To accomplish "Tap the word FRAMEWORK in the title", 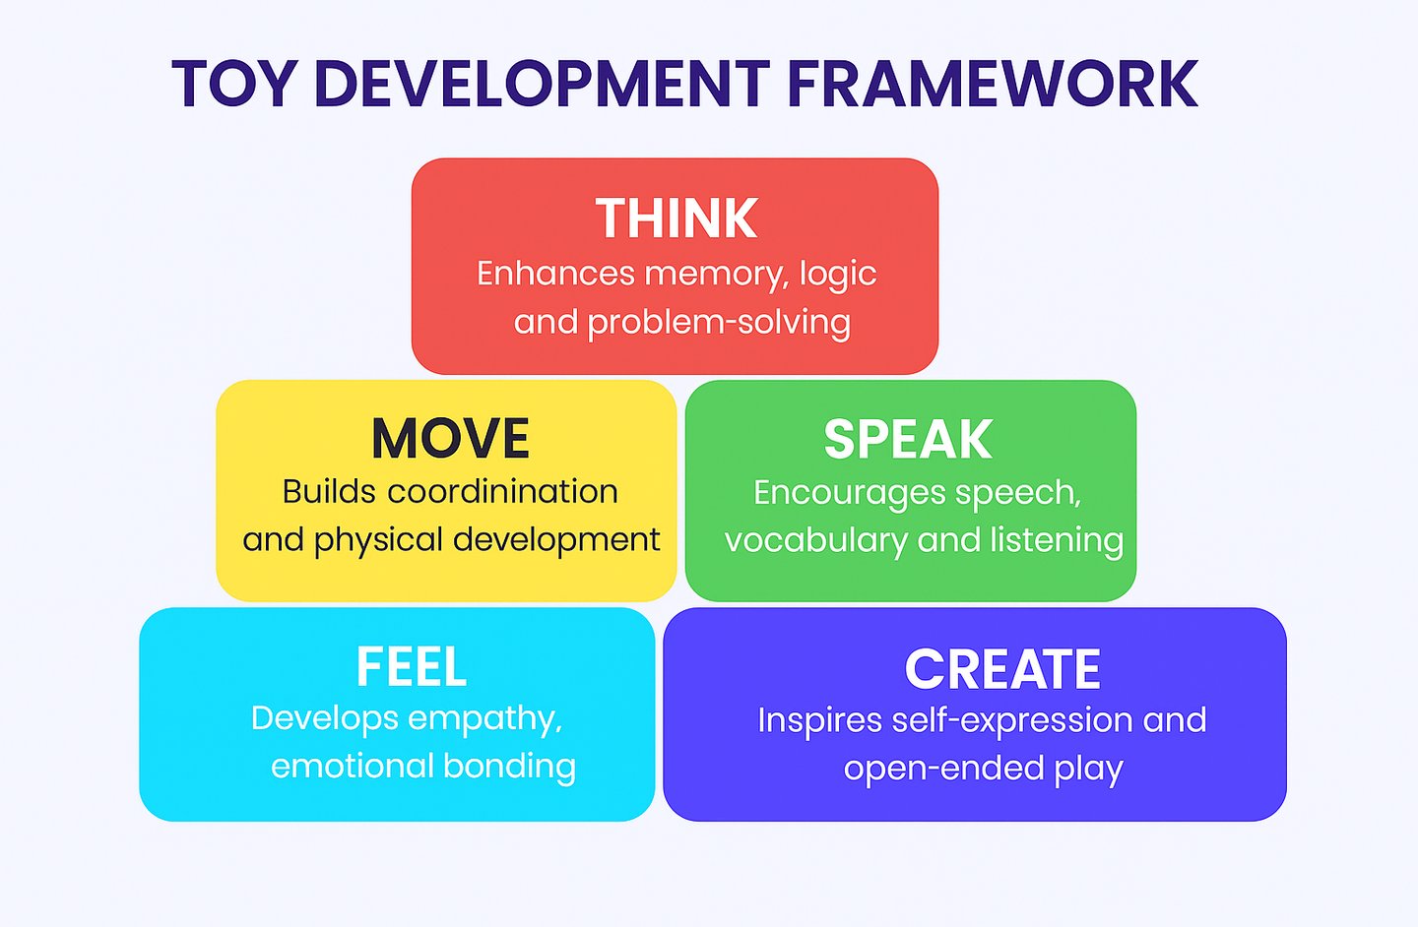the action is tap(994, 84).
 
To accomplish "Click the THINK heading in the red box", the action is tap(677, 218).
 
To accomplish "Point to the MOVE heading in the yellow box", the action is tap(450, 439).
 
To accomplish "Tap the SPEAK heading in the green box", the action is tap(908, 439).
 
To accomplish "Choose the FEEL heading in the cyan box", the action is tap(412, 666).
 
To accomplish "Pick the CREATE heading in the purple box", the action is tap(1002, 669).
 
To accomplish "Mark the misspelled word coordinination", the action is tap(502, 492).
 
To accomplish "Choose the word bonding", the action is tap(510, 768).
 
